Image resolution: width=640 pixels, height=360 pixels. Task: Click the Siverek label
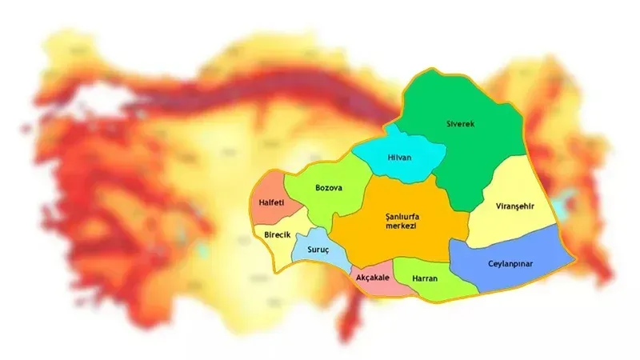point(459,124)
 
